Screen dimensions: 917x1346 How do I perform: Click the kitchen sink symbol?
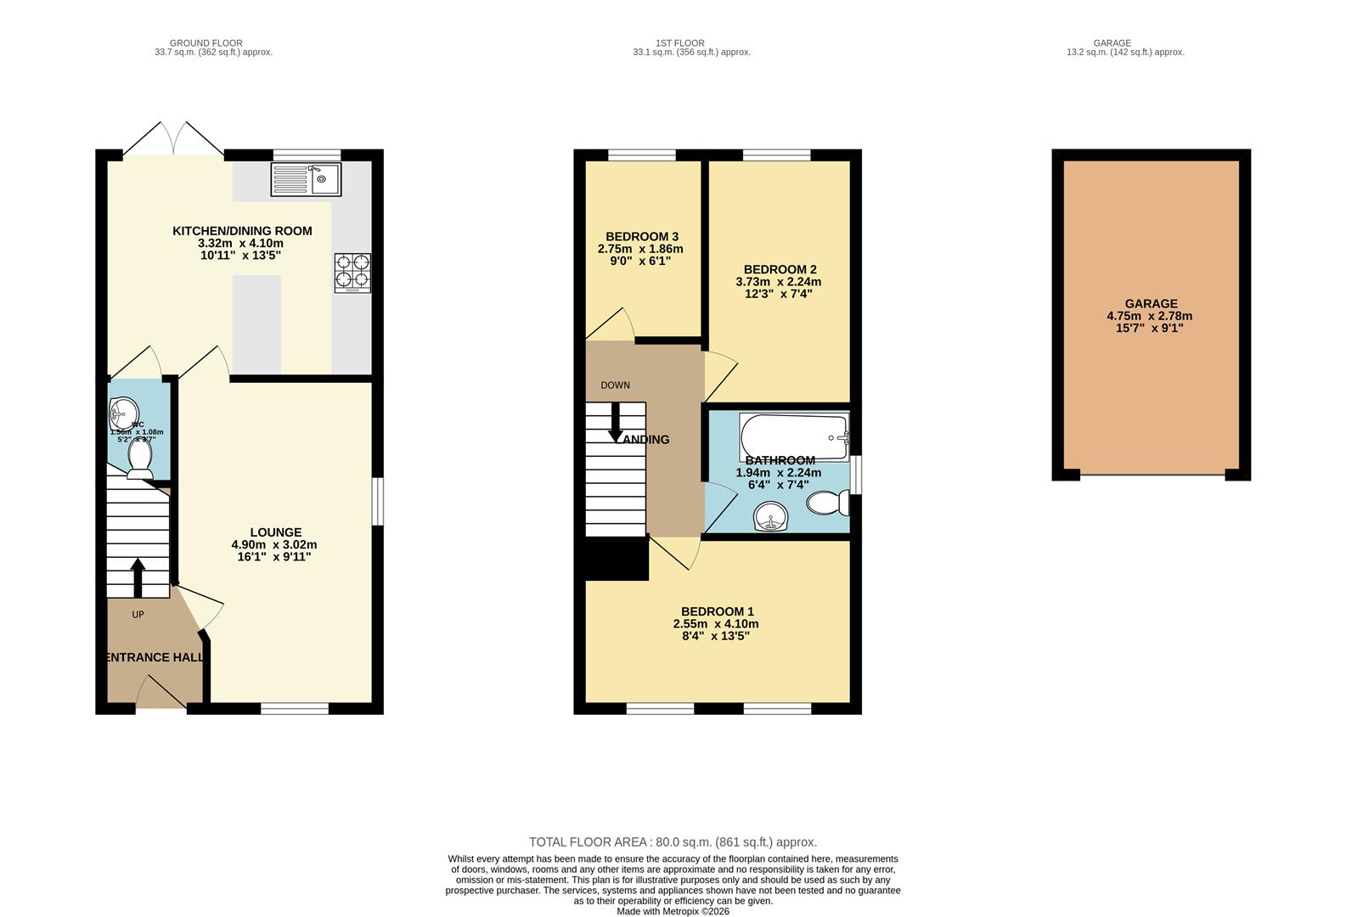point(306,179)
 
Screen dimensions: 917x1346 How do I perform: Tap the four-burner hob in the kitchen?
point(352,273)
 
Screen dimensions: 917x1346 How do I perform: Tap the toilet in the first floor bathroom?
point(826,504)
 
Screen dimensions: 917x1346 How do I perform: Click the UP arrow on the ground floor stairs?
point(138,577)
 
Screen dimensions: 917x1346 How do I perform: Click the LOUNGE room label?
point(275,532)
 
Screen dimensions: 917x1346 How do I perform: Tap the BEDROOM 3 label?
point(641,236)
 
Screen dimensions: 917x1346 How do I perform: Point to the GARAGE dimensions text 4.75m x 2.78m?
point(1150,316)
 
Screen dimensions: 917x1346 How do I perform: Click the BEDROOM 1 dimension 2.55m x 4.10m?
point(716,623)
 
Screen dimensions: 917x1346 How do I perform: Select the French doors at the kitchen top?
point(174,140)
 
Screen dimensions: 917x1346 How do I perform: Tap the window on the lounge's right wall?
point(378,501)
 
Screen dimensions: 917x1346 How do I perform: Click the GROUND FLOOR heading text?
point(206,42)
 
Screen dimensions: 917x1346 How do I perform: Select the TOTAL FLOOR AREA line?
point(673,842)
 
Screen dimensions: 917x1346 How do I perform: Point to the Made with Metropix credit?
point(673,911)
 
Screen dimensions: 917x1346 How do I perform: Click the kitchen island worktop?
point(256,324)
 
